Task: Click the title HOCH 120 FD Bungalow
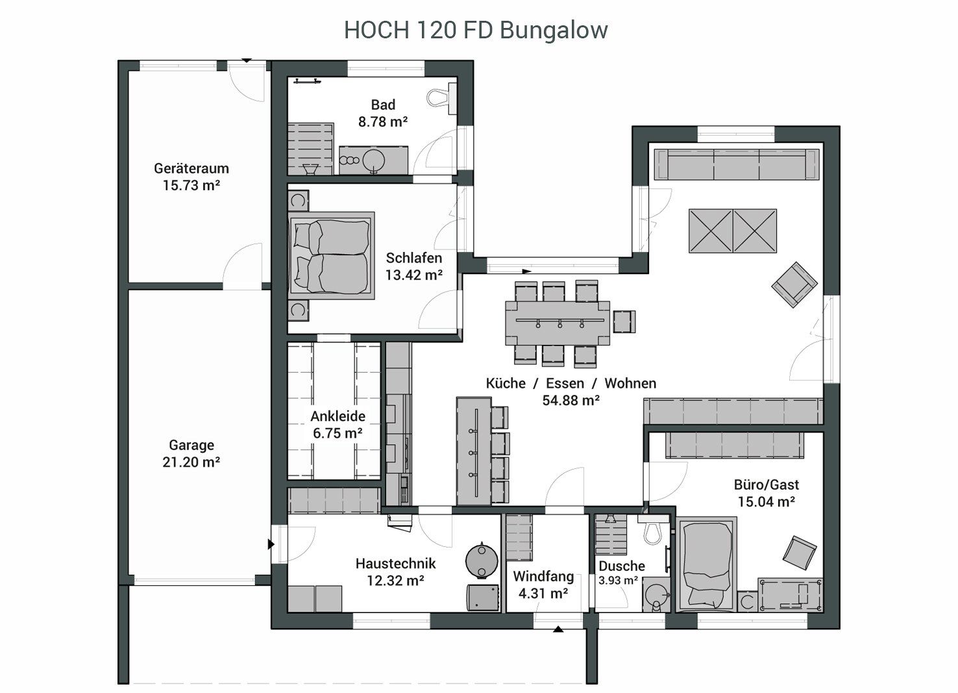[476, 30]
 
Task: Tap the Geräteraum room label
[191, 168]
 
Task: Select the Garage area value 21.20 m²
[191, 462]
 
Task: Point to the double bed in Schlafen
[332, 255]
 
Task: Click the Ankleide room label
[338, 416]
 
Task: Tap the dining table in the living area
[558, 323]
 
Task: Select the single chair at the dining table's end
[624, 321]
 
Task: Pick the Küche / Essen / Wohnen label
[571, 383]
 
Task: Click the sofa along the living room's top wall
[737, 164]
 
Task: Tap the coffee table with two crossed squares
[733, 231]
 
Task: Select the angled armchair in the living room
[794, 284]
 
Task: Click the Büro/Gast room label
[767, 485]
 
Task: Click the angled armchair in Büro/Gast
[800, 553]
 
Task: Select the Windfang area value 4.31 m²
[543, 594]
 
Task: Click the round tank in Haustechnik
[482, 561]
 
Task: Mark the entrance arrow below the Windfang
[558, 629]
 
